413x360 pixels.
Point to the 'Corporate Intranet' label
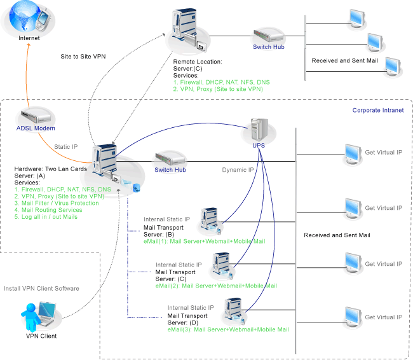377,110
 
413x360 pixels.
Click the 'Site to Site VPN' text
83,56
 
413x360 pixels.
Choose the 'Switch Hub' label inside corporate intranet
170,170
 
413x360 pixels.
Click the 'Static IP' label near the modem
66,147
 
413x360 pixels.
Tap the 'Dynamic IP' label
238,170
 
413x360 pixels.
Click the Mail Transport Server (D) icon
234,308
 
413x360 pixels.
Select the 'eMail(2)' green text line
216,286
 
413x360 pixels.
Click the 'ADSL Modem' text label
36,128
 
